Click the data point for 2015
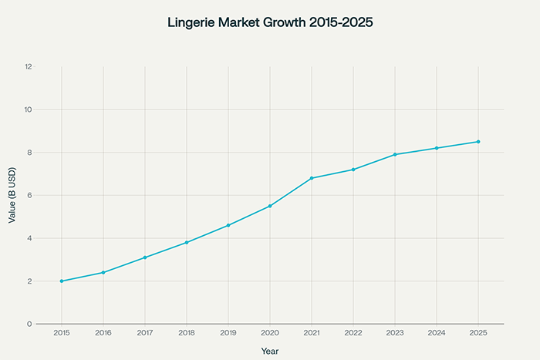(x=62, y=281)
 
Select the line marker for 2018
(x=187, y=243)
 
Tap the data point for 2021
(x=312, y=178)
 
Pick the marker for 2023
(x=395, y=155)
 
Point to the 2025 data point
(x=478, y=142)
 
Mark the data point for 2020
(x=270, y=206)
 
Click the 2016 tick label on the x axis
(x=103, y=333)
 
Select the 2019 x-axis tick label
(x=228, y=333)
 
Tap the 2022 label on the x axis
(x=353, y=333)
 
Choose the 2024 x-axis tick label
(x=437, y=333)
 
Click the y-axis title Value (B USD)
(x=12, y=195)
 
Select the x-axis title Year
(x=270, y=351)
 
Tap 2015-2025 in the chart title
(x=339, y=23)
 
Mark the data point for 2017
(x=145, y=257)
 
